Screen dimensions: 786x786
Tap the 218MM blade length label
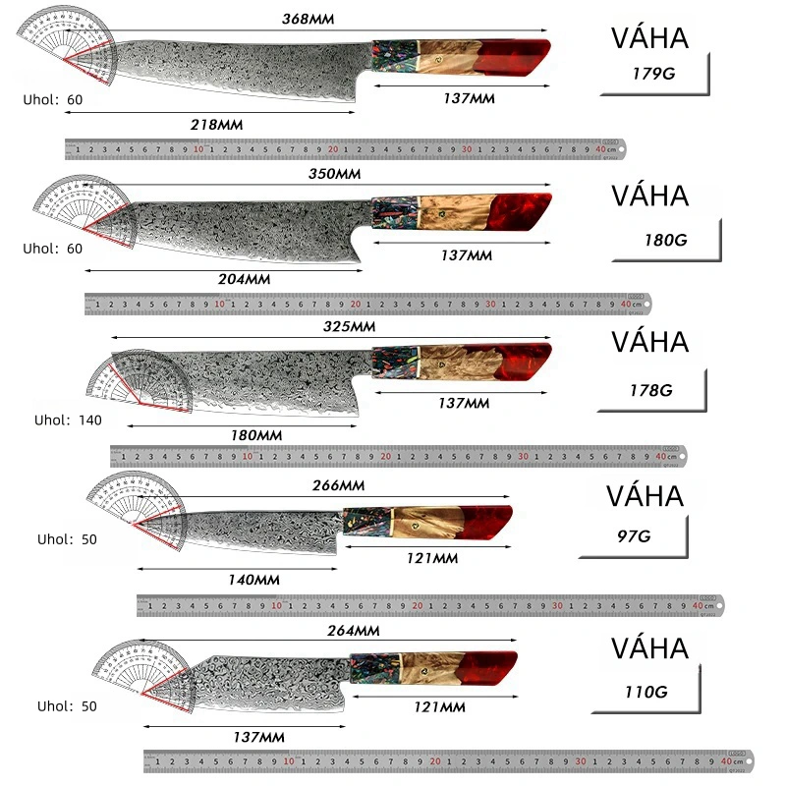pos(217,125)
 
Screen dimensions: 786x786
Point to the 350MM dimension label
pos(336,174)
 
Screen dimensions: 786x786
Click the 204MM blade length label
pos(244,279)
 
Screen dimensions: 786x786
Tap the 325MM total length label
pos(349,326)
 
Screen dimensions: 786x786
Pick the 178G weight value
pos(650,390)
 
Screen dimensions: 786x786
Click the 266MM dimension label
pos(338,485)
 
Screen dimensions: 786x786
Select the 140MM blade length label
pos(253,580)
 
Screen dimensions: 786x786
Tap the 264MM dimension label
pos(353,631)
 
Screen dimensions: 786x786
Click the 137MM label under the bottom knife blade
pos(258,737)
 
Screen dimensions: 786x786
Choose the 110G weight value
pos(645,692)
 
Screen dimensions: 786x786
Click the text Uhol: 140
pos(68,421)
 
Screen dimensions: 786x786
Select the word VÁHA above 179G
pos(649,39)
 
